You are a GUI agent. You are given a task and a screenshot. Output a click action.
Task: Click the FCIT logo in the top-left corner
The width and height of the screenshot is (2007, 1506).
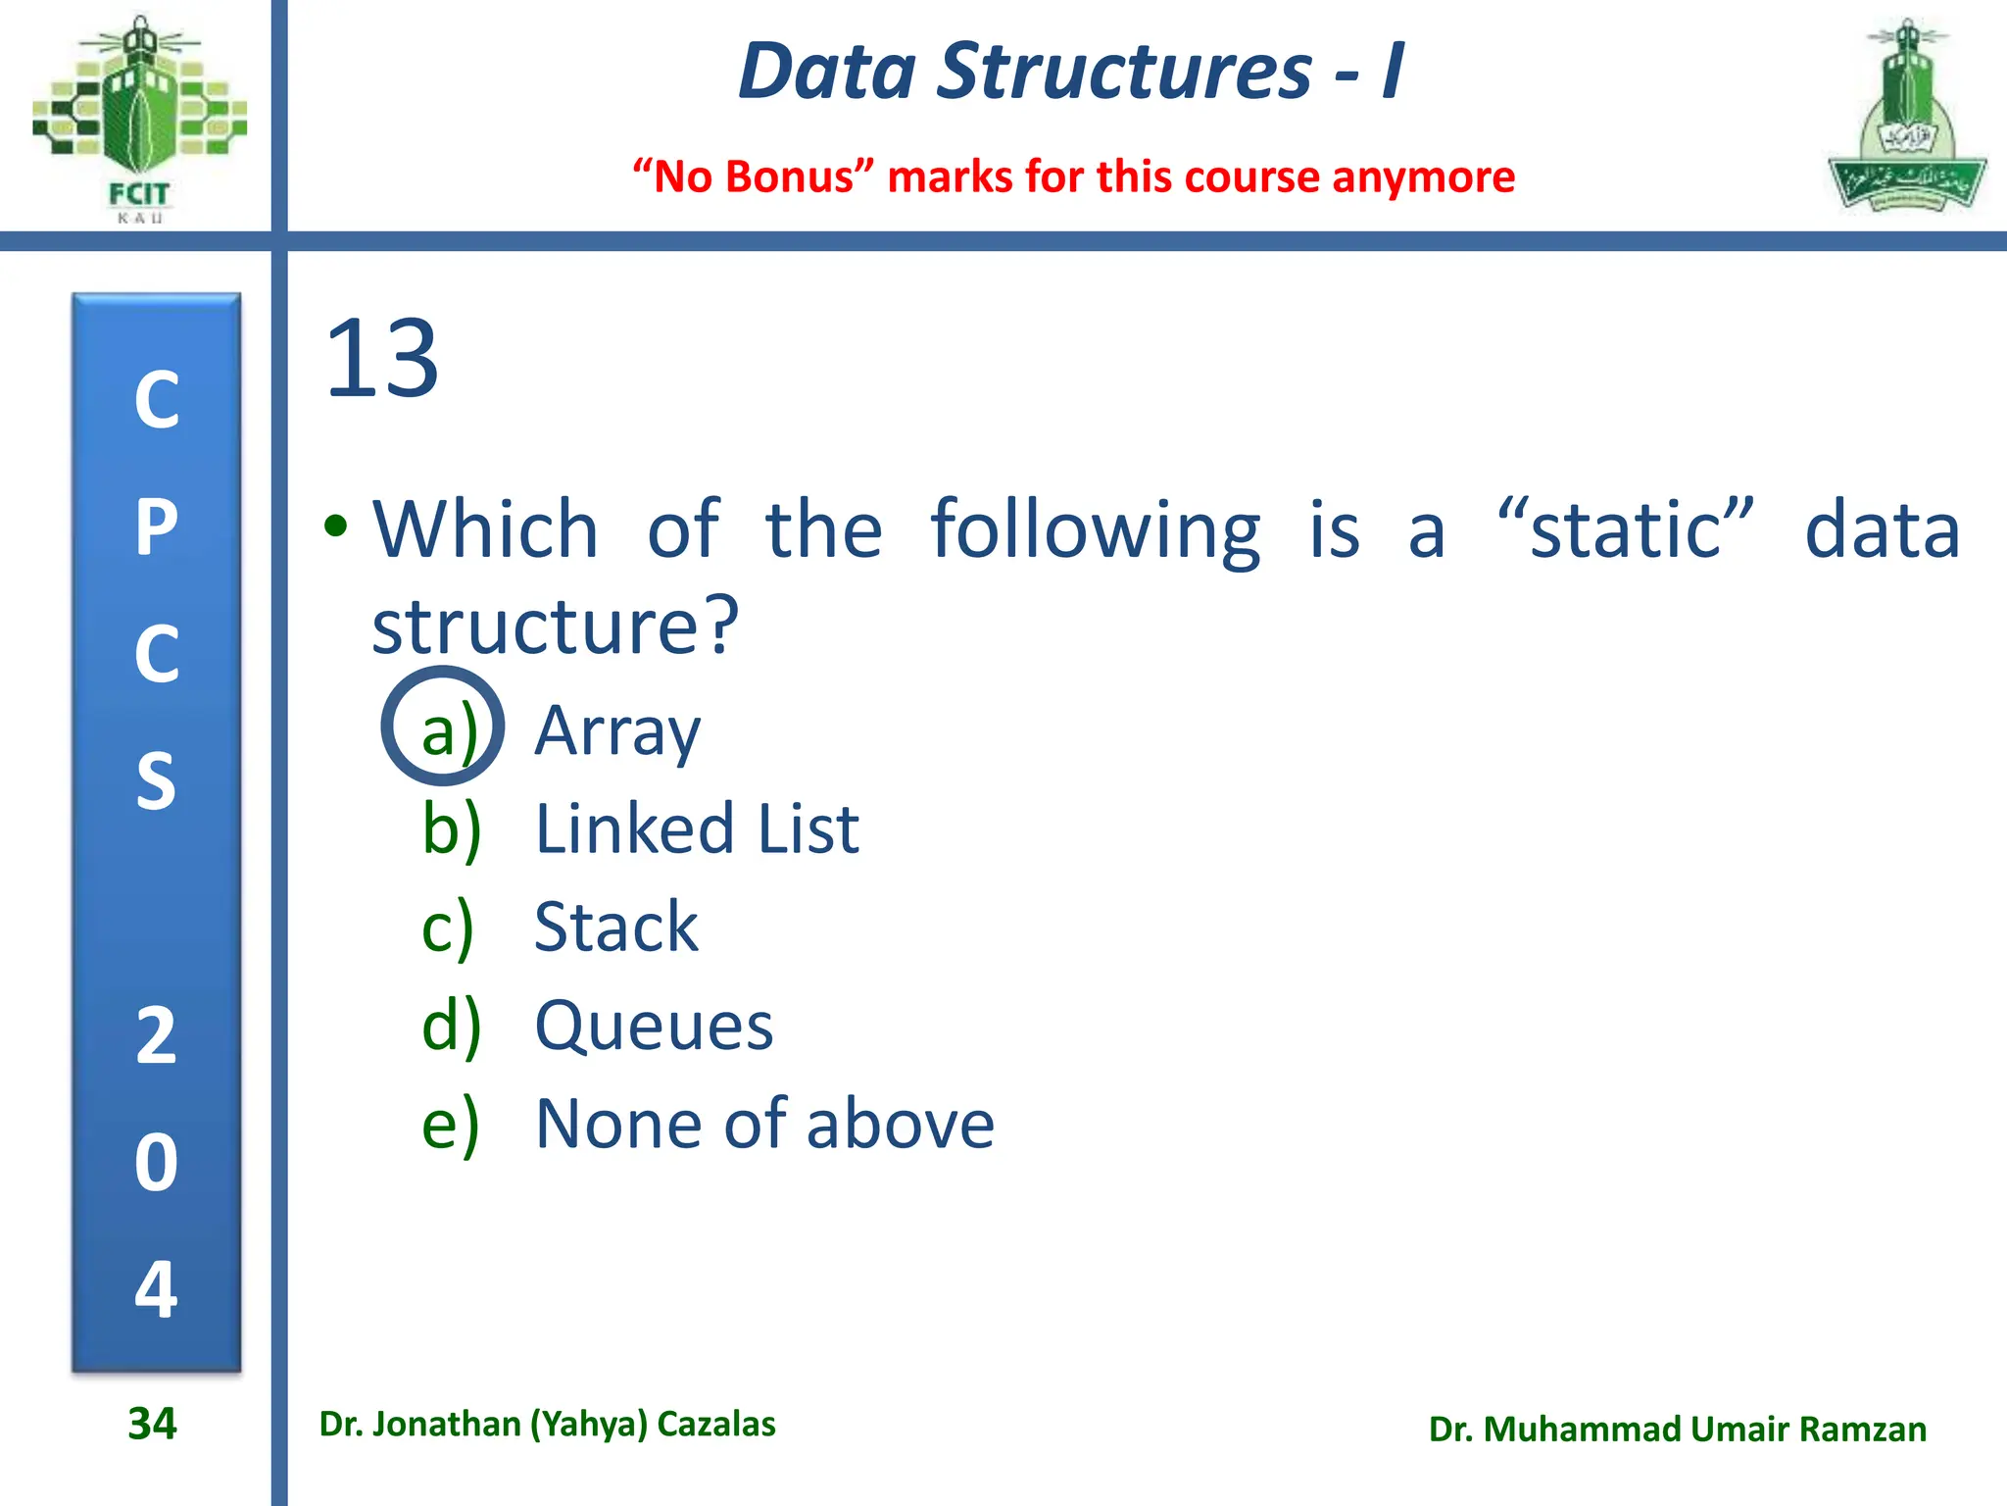point(138,118)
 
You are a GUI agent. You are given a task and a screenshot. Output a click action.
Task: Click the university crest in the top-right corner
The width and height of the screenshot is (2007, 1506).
point(1906,118)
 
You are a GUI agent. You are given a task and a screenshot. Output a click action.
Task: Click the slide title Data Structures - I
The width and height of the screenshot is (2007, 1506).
point(1071,72)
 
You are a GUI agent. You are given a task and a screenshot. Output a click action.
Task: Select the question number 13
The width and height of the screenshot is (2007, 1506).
point(381,360)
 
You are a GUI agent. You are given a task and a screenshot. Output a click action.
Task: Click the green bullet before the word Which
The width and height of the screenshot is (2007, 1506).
point(336,527)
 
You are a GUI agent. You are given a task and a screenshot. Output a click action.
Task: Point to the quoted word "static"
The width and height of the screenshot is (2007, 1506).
point(1626,529)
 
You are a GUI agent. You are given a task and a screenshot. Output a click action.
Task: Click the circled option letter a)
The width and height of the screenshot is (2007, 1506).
point(444,728)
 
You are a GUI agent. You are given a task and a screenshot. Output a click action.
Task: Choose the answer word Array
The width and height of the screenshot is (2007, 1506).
point(617,731)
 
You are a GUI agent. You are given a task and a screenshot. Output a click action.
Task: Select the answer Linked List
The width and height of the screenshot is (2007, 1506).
point(697,829)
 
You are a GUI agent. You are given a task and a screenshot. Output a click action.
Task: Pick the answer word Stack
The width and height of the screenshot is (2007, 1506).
point(615,928)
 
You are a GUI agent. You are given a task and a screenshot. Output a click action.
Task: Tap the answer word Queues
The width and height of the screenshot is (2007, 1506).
point(654,1027)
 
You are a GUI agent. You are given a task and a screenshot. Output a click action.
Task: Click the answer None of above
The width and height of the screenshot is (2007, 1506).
point(764,1124)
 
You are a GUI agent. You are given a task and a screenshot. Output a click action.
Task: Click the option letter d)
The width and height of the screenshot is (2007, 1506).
point(451,1026)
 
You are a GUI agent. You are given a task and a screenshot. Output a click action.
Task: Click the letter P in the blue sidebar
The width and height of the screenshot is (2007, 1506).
point(157,527)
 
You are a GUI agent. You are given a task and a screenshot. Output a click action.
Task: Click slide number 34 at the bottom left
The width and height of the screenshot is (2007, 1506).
point(152,1424)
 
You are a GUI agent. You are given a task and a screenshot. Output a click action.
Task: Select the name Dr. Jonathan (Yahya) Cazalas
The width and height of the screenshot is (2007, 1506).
point(547,1425)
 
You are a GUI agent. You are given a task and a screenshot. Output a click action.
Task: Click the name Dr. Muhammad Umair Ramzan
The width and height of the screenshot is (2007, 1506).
point(1677,1430)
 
